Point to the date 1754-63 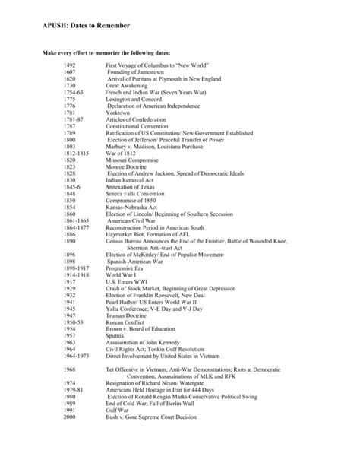coord(74,92)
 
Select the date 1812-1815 coord(77,153)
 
